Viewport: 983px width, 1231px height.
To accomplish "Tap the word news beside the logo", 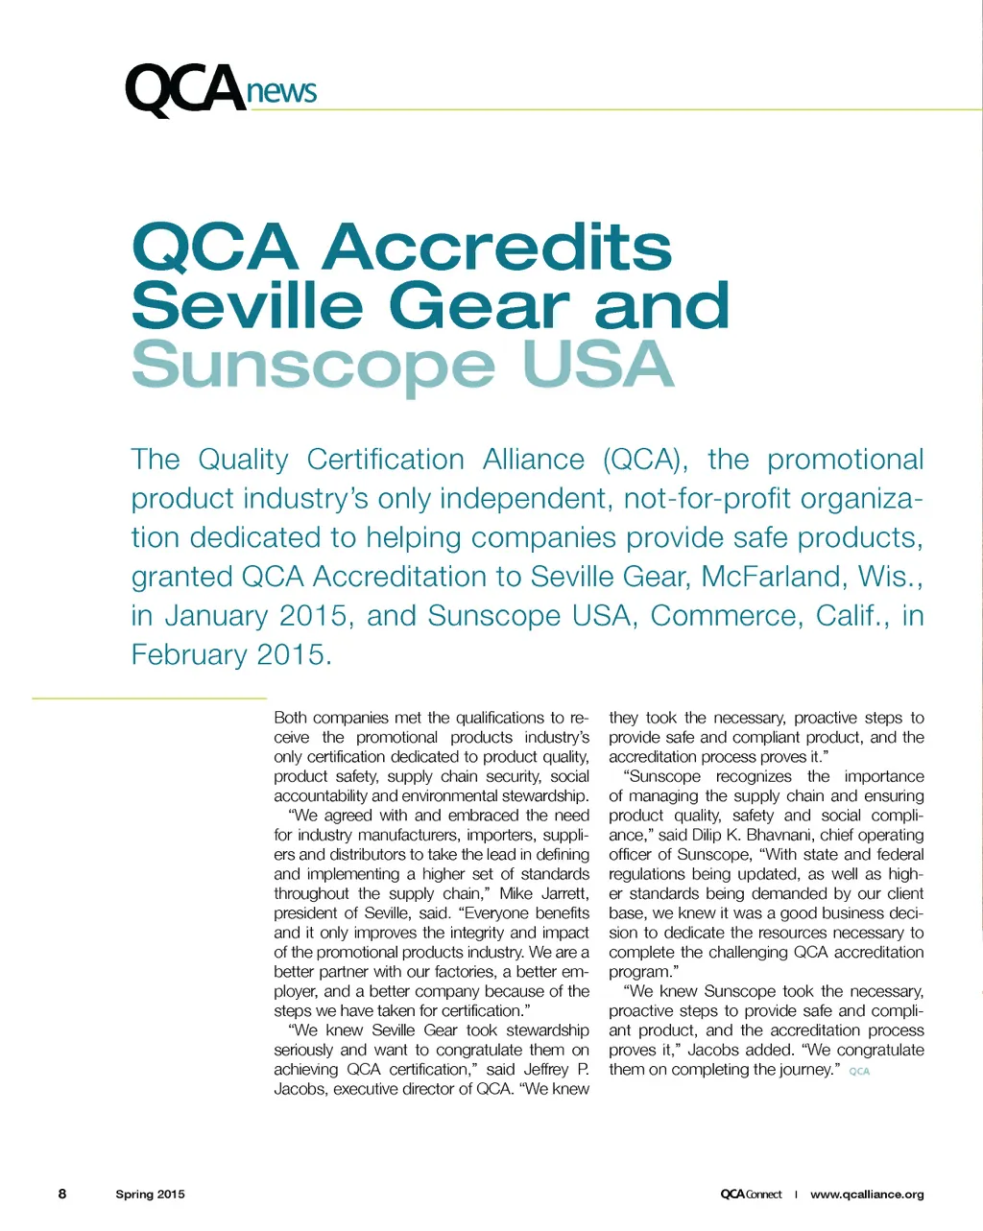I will pos(281,91).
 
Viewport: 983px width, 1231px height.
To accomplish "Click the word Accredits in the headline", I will pos(496,247).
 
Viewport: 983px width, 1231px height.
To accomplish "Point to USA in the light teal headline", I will pos(597,365).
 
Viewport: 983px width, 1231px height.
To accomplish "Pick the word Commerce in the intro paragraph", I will pos(726,615).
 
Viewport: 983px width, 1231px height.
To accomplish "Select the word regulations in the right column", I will pos(649,874).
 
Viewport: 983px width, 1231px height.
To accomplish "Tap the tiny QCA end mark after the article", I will pos(859,1072).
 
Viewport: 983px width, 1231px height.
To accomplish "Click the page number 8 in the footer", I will pos(62,1194).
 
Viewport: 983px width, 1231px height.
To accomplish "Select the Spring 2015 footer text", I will pos(150,1195).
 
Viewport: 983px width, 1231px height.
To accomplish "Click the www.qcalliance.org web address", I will pos(867,1195).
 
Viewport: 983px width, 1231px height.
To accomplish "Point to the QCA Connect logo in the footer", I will pos(751,1195).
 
